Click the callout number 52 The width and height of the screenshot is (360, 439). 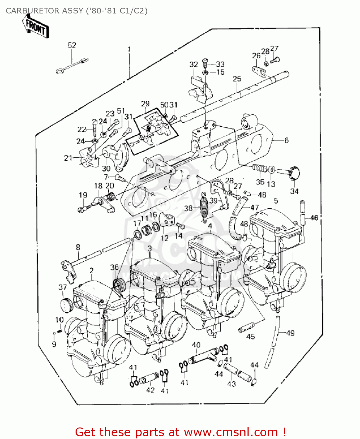coord(72,45)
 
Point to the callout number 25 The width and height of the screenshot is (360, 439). coord(237,79)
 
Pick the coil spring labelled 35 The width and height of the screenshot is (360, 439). coord(260,168)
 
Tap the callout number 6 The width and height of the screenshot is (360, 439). coord(286,140)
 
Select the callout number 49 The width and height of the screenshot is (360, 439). coord(290,333)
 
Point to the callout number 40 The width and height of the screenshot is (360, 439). coord(196,345)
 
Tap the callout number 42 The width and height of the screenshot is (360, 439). coord(150,390)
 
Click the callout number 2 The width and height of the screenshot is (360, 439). coord(91,271)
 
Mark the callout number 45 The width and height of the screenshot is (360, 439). coord(250,337)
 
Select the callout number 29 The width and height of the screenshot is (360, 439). coord(145,104)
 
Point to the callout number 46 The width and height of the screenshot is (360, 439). coord(314,218)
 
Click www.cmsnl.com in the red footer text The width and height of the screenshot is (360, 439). coord(231,432)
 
